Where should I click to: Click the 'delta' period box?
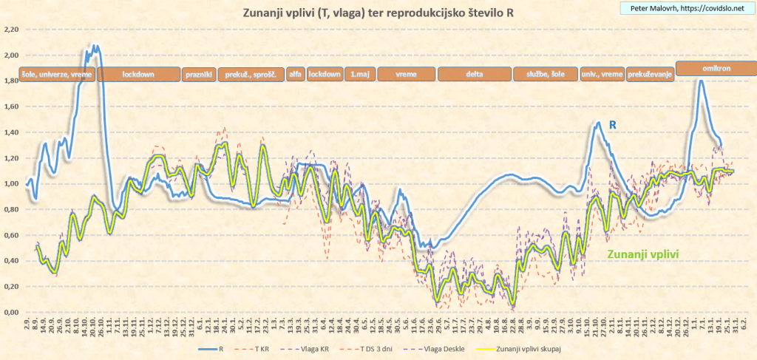[474, 75]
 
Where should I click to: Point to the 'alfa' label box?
[295, 75]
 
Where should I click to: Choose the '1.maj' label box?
[359, 75]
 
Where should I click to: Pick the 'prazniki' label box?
[198, 75]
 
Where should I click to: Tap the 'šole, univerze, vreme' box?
[57, 75]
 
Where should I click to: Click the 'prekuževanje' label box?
[650, 75]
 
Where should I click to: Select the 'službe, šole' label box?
[545, 75]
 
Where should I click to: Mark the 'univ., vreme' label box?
[601, 75]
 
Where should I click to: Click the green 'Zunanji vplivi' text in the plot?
[643, 254]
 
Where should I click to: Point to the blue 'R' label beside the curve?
[613, 124]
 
